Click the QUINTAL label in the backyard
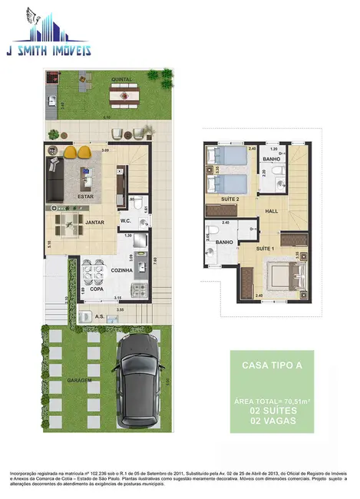coord(121,78)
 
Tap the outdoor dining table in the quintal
coord(121,96)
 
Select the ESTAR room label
coord(86,197)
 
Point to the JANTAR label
coord(94,222)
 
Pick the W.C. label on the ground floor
coord(127,222)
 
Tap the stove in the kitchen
coord(137,290)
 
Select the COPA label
coord(97,289)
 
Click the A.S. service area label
coord(99,316)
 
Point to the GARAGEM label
coord(79,380)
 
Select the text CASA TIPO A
coord(266,365)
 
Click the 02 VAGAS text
coord(266,420)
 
